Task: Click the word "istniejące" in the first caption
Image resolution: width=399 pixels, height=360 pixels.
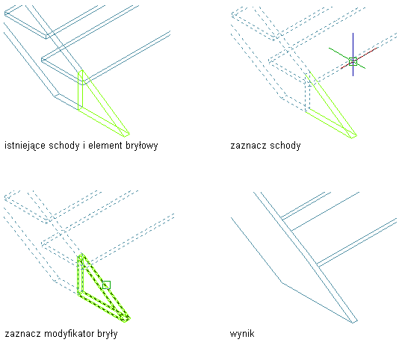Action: tap(25, 146)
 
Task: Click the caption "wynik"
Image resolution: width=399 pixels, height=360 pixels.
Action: tap(242, 334)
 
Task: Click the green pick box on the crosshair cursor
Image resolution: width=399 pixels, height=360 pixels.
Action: tap(353, 61)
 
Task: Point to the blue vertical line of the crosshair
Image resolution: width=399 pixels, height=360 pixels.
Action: tap(353, 55)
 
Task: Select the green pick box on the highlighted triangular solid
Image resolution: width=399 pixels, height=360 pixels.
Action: tap(106, 285)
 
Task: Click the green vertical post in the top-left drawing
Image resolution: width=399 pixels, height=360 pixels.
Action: tap(81, 90)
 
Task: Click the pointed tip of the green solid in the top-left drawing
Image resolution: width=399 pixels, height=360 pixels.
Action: tap(129, 134)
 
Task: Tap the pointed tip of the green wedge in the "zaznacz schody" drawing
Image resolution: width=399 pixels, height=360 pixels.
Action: tap(356, 136)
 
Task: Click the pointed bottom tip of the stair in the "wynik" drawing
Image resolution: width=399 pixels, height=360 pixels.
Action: tap(353, 322)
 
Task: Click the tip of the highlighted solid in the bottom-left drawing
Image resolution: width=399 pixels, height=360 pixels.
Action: tap(129, 318)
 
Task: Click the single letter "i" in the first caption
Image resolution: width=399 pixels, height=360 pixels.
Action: tap(84, 145)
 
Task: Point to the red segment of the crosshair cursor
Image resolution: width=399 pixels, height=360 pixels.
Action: tap(359, 58)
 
